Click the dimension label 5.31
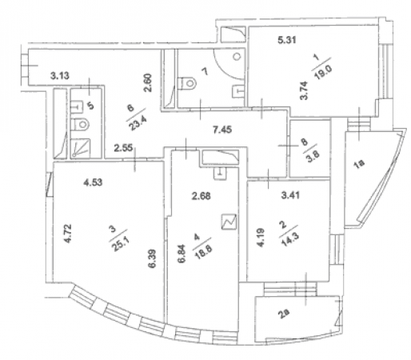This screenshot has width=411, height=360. click(287, 40)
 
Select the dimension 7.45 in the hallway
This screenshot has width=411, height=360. click(222, 130)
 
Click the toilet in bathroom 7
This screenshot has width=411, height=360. click(189, 83)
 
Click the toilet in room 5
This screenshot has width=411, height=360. click(81, 124)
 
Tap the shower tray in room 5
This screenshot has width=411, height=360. click(81, 148)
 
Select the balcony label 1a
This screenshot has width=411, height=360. click(359, 164)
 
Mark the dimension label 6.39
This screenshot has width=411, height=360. click(152, 258)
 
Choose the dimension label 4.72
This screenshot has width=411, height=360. click(68, 234)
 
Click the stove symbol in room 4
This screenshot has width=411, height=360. click(229, 222)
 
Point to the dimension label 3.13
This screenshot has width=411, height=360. click(60, 76)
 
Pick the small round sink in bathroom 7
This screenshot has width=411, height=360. click(237, 57)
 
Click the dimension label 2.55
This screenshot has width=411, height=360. click(123, 148)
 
